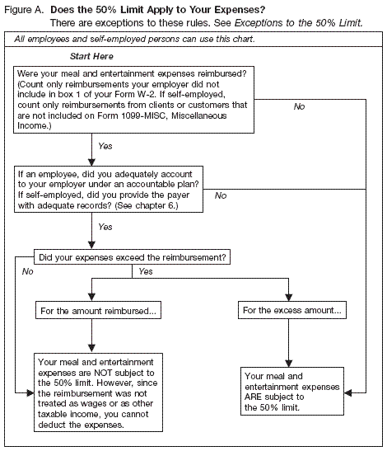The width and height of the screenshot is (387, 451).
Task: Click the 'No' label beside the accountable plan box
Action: click(x=220, y=195)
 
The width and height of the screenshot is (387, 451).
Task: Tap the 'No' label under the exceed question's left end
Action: click(x=27, y=270)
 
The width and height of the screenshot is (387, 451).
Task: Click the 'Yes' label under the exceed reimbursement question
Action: click(x=146, y=270)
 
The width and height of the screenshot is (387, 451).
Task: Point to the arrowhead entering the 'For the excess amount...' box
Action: click(x=288, y=300)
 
